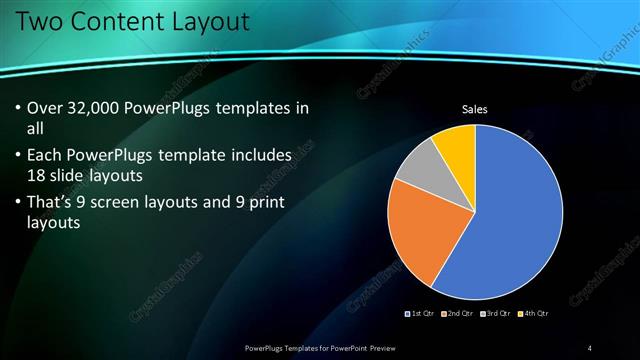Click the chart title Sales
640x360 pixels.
pyautogui.click(x=474, y=110)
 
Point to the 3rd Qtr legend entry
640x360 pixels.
pyautogui.click(x=496, y=314)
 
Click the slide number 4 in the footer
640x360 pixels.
pyautogui.click(x=590, y=347)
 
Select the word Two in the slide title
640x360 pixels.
pyautogui.click(x=38, y=21)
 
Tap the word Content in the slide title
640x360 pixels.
pyautogui.click(x=120, y=21)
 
